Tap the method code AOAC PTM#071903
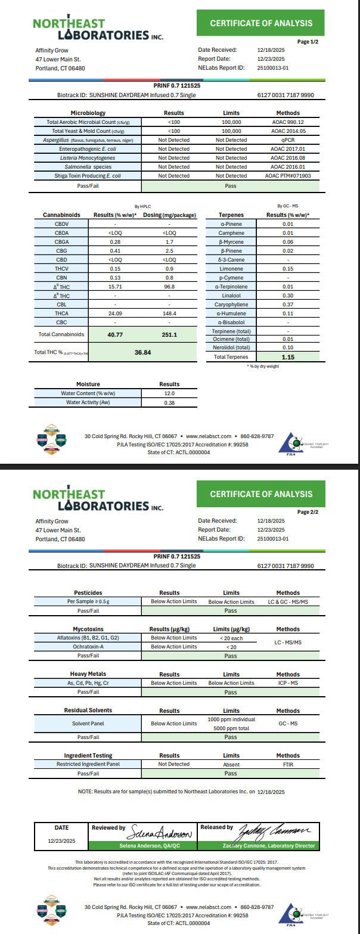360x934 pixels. [288, 176]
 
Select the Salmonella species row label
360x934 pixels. [88, 167]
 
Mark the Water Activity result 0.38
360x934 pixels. [169, 402]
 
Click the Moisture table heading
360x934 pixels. [88, 384]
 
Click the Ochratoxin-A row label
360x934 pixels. [88, 647]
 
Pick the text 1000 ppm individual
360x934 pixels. [231, 719]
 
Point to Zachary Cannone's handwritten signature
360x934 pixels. [277, 831]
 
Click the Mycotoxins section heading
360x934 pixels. [88, 629]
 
